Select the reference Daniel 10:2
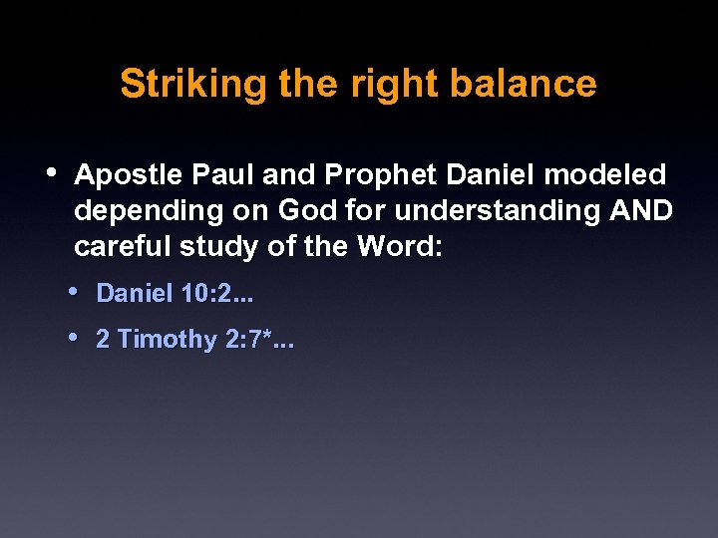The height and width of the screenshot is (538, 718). point(175,294)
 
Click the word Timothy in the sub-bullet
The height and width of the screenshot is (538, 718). point(167,340)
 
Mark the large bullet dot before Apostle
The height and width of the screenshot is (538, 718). point(53,171)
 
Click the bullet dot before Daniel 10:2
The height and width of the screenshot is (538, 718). point(76,291)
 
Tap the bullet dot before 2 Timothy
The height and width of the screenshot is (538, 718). point(76,336)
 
